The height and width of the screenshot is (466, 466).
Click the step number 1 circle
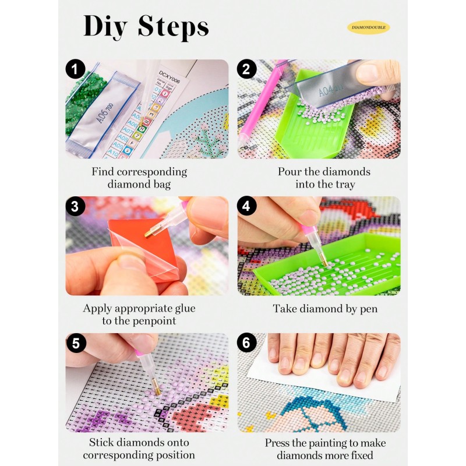73,70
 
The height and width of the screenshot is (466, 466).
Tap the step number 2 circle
246,70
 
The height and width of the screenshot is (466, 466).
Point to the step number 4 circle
246,207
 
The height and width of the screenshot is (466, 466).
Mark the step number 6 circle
246,344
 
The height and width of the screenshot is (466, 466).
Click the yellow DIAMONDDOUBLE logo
368,27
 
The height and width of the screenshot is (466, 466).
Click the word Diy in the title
105,27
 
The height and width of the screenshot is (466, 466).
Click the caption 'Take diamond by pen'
325,309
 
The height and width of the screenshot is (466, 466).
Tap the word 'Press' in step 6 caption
278,443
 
